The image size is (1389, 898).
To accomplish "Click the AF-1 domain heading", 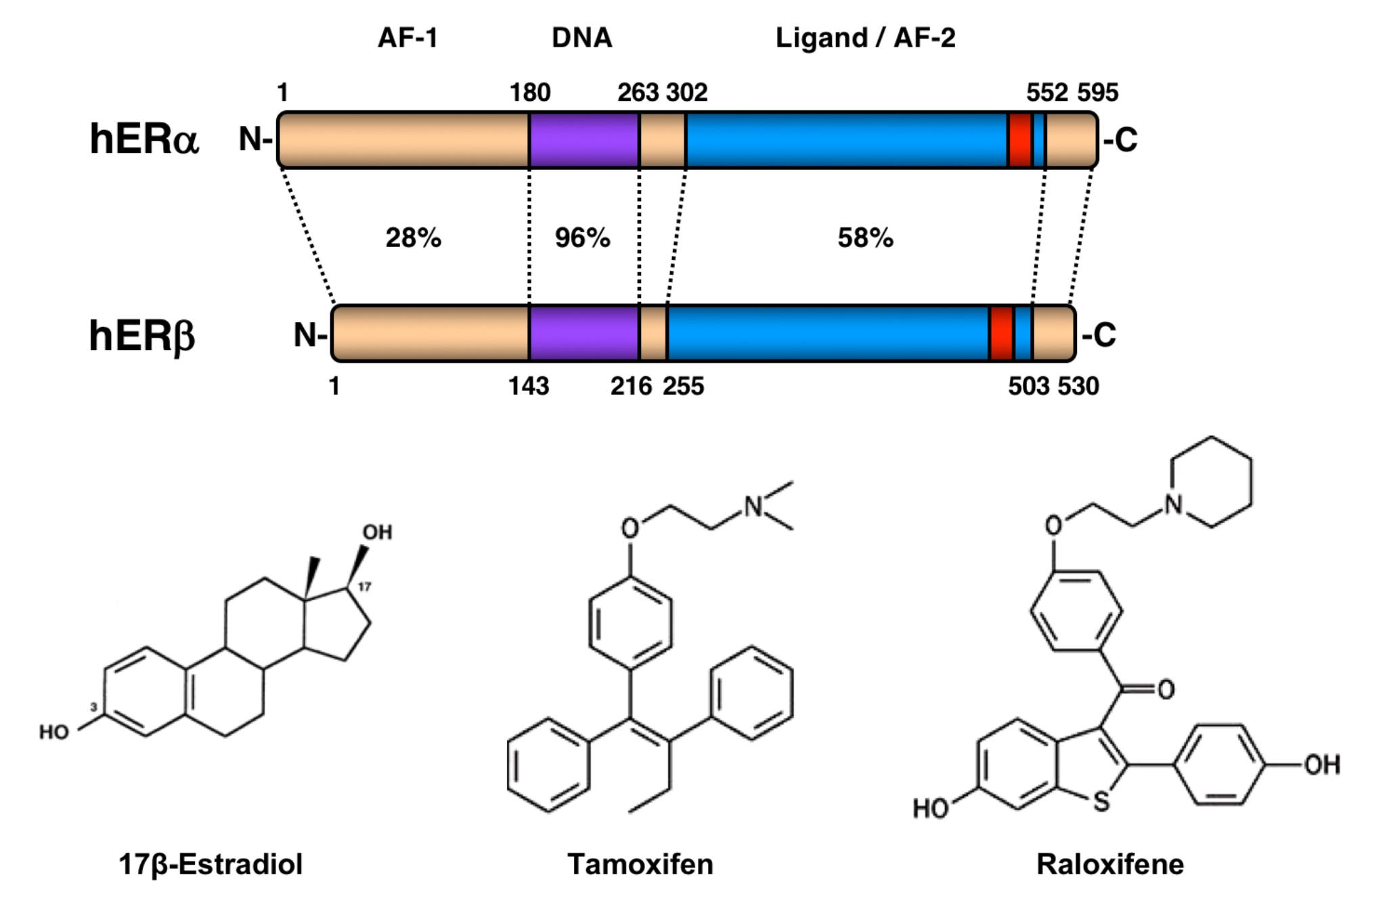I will pyautogui.click(x=407, y=38).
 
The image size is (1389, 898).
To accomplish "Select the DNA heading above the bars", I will pyautogui.click(x=581, y=38).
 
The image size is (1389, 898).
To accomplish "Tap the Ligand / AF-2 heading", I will pyautogui.click(x=865, y=38).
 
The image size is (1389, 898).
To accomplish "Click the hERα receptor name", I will pyautogui.click(x=144, y=139).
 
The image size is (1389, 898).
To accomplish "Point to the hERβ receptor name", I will pyautogui.click(x=142, y=335).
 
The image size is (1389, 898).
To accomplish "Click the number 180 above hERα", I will pyautogui.click(x=530, y=92).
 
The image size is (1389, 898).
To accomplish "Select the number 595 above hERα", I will pyautogui.click(x=1097, y=92).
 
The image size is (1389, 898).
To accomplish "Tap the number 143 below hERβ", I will pyautogui.click(x=529, y=386).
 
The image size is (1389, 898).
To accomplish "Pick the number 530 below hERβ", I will pyautogui.click(x=1078, y=386).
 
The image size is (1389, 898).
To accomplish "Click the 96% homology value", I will pyautogui.click(x=582, y=238).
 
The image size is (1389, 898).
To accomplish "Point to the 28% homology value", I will pyautogui.click(x=413, y=238).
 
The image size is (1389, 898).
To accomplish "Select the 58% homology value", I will pyautogui.click(x=865, y=238).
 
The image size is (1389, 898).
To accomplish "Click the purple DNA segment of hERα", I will pyautogui.click(x=583, y=140).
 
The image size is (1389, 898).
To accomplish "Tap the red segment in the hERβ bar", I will pyautogui.click(x=1001, y=334).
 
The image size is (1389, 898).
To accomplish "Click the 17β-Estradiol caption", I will pyautogui.click(x=211, y=864).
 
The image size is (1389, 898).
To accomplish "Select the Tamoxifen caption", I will pyautogui.click(x=640, y=864).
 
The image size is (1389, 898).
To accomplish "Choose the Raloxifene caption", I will pyautogui.click(x=1110, y=864).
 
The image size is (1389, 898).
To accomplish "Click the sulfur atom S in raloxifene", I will pyautogui.click(x=1101, y=802).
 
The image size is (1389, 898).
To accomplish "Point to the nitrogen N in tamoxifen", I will pyautogui.click(x=753, y=506).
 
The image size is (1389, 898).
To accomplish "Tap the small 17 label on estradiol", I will pyautogui.click(x=364, y=586).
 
